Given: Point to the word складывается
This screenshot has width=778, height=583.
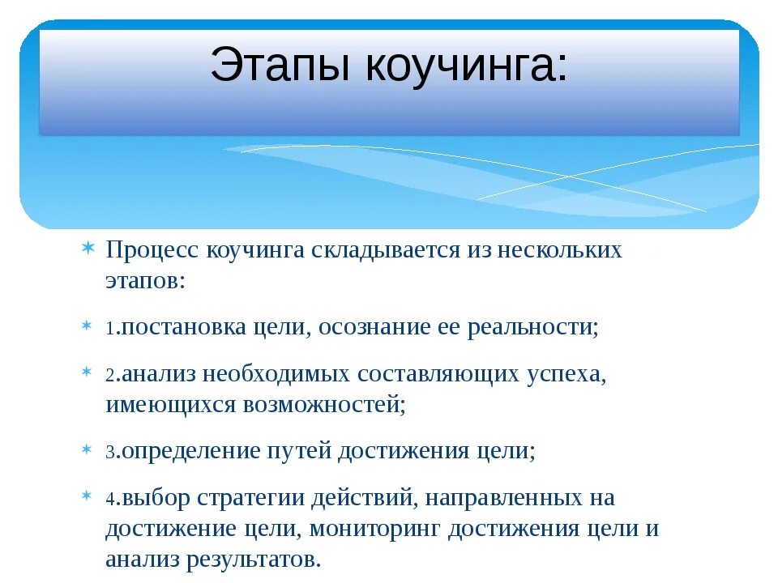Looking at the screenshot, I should pos(381,250).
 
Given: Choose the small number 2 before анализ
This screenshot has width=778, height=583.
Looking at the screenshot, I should pos(109,376).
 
